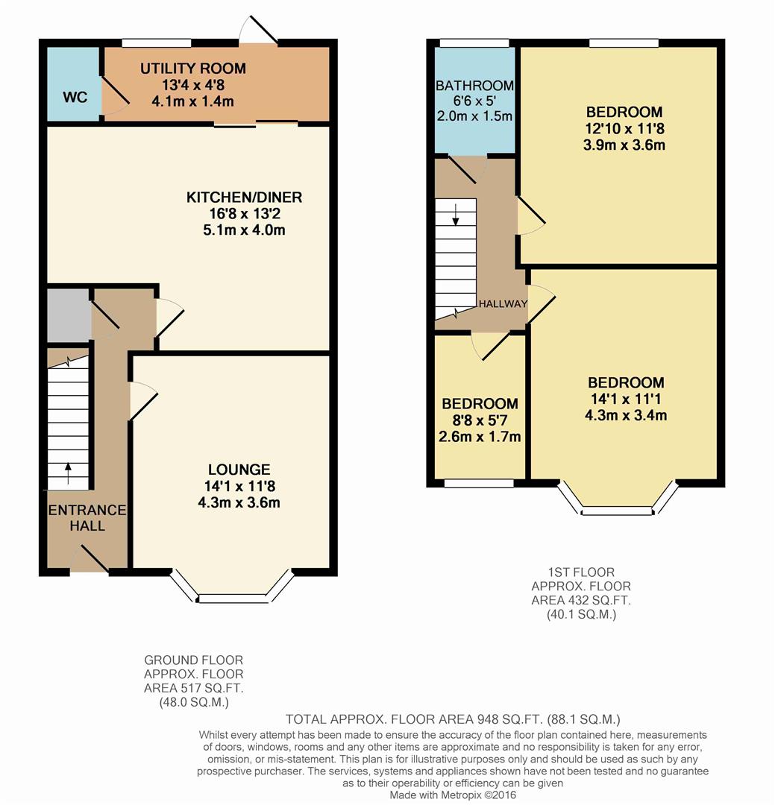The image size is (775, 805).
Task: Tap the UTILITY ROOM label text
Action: click(x=193, y=69)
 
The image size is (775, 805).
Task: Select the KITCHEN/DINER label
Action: click(x=244, y=198)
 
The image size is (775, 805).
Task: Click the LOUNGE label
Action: click(x=239, y=470)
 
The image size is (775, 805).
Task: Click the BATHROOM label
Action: click(x=474, y=86)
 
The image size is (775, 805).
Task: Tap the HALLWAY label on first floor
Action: click(x=503, y=304)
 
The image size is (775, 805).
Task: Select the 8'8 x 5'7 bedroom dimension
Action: click(x=480, y=420)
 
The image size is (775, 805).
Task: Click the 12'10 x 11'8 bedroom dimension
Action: click(x=624, y=128)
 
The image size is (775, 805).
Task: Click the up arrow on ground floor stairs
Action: click(x=69, y=470)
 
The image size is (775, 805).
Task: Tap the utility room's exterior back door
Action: click(x=257, y=32)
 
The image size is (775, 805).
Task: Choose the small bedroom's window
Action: click(x=479, y=483)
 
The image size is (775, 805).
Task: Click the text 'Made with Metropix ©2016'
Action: click(x=453, y=795)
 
